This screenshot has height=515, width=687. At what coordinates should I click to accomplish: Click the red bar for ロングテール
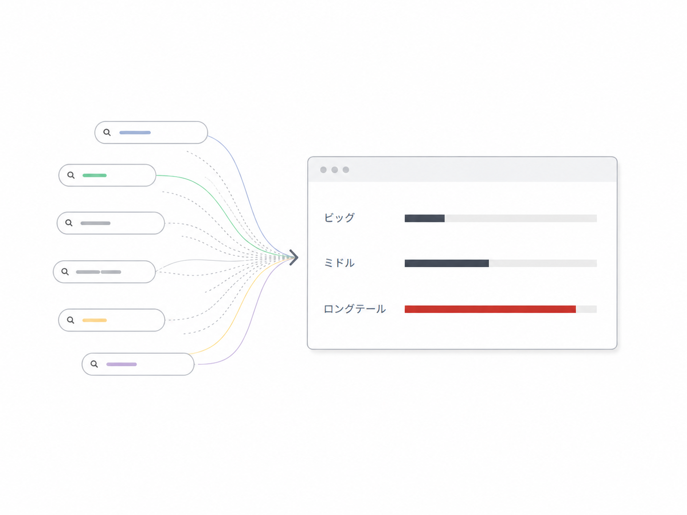click(x=490, y=309)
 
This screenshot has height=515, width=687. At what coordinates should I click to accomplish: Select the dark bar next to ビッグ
click(x=425, y=218)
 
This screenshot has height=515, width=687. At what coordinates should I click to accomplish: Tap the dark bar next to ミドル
click(x=446, y=263)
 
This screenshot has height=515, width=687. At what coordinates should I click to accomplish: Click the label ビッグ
click(x=339, y=217)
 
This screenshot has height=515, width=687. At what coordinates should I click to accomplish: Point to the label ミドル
click(x=339, y=263)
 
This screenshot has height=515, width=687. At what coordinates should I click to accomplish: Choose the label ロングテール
click(x=354, y=309)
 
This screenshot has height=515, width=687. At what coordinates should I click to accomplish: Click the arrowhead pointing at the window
click(x=294, y=257)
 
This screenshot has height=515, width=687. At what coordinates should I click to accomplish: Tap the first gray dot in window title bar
click(x=323, y=170)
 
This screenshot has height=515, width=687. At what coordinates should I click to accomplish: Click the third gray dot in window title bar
click(x=346, y=170)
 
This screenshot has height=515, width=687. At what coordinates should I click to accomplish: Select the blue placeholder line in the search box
click(x=135, y=133)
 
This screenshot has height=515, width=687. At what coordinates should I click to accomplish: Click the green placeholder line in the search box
click(x=94, y=175)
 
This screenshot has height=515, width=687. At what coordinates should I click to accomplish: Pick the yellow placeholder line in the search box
click(x=94, y=320)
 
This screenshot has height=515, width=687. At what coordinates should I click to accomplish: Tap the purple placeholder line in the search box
click(x=121, y=364)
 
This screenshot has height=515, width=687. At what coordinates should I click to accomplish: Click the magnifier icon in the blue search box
click(x=107, y=133)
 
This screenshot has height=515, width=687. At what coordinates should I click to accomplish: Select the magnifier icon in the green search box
click(x=71, y=175)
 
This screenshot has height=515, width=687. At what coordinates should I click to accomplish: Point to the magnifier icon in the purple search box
click(x=94, y=364)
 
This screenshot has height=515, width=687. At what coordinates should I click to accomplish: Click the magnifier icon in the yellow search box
click(x=71, y=320)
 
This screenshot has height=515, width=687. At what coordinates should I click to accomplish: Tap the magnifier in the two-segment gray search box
click(x=65, y=272)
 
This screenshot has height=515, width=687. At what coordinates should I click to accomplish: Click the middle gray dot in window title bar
click(x=334, y=170)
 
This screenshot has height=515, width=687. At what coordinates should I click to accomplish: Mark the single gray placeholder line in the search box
click(x=95, y=223)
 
